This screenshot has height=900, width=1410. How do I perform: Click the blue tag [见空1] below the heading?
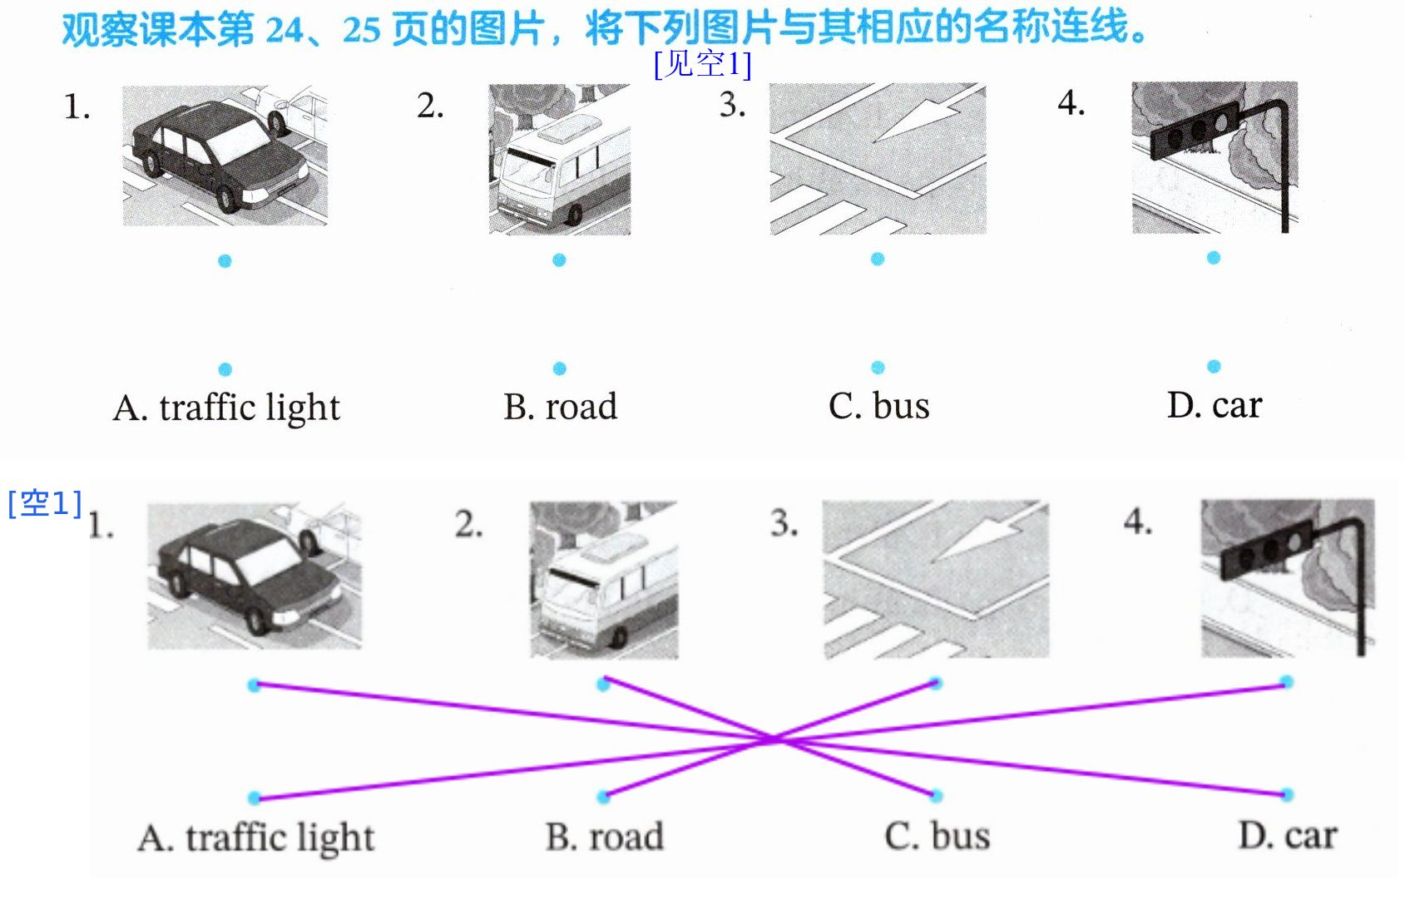pos(702,63)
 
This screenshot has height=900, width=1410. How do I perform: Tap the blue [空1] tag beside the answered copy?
pos(45,503)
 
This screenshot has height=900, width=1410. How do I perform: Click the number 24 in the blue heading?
pos(284,30)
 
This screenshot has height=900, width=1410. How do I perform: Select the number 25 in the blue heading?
pos(361,30)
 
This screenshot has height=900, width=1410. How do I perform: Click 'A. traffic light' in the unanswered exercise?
pos(226,408)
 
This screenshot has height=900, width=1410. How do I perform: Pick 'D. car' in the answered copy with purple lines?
pos(1288,836)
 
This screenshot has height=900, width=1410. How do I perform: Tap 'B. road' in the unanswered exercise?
pos(560,407)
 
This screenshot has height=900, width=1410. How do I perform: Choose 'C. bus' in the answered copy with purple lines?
pos(938,836)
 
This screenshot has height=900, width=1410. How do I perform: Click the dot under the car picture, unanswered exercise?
pos(225,260)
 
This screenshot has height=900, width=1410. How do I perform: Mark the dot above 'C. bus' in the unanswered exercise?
pos(878,367)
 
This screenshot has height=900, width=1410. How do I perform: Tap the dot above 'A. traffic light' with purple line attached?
pos(255,798)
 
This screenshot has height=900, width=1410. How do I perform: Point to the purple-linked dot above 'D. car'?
pos(1287,795)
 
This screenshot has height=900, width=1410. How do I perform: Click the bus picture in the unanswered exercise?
pos(560,159)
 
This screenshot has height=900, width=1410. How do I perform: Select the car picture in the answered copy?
pos(255,576)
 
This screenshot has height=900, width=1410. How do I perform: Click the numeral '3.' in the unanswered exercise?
pos(733,105)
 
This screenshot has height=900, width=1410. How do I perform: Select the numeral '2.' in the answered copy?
pos(469,524)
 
